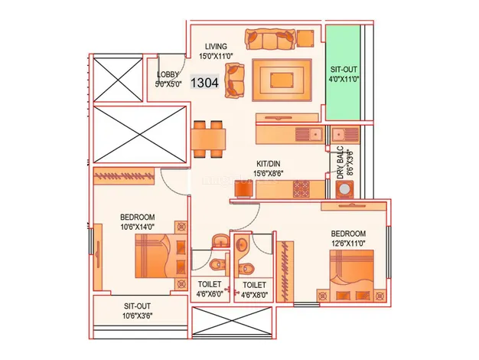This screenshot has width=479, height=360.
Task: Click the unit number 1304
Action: (203, 81)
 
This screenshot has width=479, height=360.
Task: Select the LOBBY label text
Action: (167, 78)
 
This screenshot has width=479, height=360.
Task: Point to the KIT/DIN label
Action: (272, 169)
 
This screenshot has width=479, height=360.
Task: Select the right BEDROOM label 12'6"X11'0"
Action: (348, 238)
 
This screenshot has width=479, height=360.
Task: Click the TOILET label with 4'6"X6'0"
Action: (210, 288)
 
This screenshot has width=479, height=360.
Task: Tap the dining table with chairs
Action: (209, 139)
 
